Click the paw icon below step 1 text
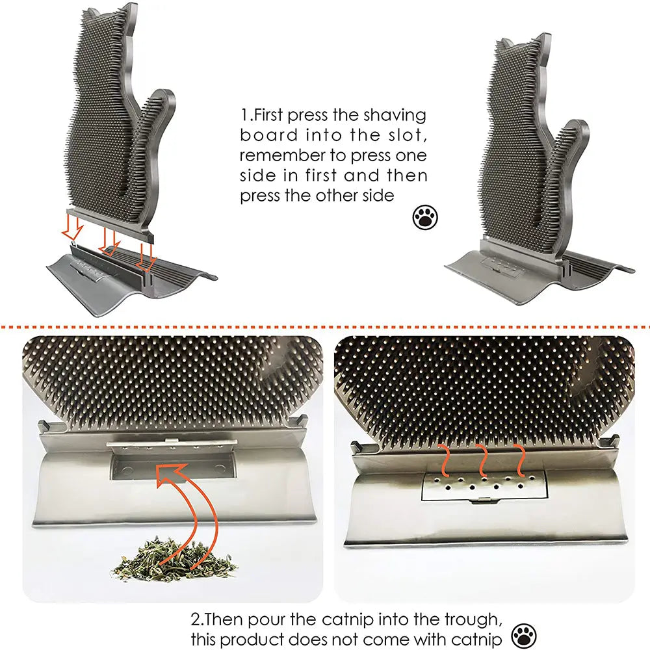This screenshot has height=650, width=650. (x=425, y=218)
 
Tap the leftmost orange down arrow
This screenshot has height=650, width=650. (x=77, y=228)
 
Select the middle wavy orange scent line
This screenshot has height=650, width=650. (x=482, y=460)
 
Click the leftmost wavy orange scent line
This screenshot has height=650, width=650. (x=445, y=460)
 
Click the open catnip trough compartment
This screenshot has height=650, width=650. (x=172, y=466)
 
